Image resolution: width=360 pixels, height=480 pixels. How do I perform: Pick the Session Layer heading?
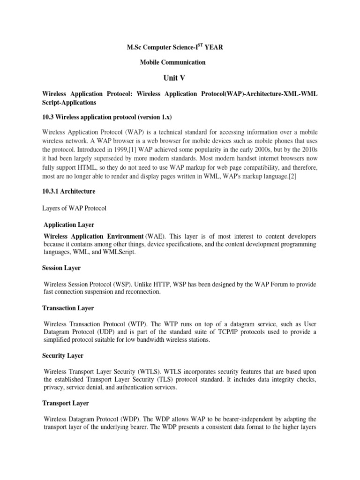point(61,268)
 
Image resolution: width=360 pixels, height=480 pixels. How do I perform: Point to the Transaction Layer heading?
point(68,308)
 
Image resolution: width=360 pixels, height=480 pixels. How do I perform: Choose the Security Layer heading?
point(63,356)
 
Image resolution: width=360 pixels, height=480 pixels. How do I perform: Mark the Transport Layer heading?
point(66,403)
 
